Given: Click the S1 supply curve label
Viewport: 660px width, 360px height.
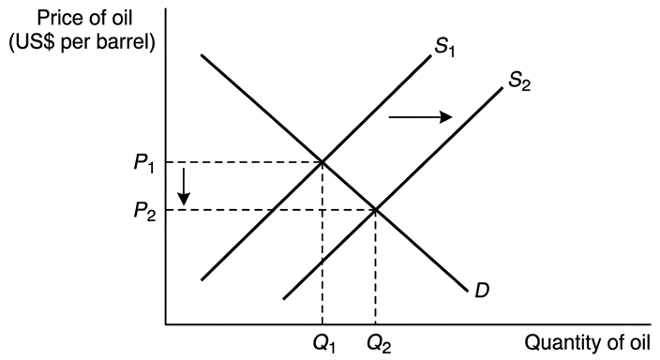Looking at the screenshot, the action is pos(444,46).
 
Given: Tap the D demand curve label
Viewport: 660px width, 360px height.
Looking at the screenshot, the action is pos(482,290).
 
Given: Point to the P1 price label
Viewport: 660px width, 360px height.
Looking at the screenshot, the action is pos(144,162).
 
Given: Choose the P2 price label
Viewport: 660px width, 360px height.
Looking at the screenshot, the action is pos(144,211).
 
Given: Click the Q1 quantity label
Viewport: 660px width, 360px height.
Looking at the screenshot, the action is pos(323,344).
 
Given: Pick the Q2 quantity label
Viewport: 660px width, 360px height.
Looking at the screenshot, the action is pos(379,344).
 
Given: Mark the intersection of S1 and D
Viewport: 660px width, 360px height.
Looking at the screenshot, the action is pos(322,162).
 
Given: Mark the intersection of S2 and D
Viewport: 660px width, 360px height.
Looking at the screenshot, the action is pos(375,210).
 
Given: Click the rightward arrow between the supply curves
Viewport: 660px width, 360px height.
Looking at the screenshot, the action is pos(420,117).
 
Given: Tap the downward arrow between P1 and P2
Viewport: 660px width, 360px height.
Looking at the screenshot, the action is pos(184,187).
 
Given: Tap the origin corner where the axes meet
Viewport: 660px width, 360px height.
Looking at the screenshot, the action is pos(166,324).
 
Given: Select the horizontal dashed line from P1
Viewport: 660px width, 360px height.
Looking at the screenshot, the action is pos(244,162).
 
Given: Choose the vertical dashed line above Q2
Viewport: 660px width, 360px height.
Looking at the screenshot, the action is pos(375,267).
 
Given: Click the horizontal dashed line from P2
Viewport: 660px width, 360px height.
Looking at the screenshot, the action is pos(271,210).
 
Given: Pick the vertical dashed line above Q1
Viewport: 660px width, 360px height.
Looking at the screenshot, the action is pos(322,243).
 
